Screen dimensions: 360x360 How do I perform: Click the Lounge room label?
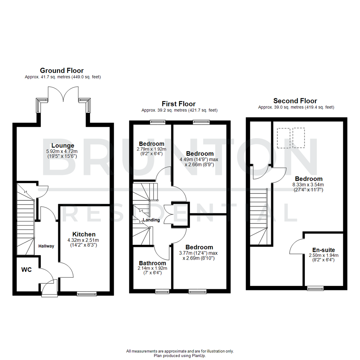[x=63, y=145]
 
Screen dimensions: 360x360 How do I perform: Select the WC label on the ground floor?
[x=26, y=270]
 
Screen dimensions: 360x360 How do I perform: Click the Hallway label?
[x=46, y=246]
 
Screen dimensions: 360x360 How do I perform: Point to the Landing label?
[x=151, y=220]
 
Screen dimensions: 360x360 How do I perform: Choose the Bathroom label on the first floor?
[x=152, y=263]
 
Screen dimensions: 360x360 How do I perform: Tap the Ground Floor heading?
[x=62, y=70]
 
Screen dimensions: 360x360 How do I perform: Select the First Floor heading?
[x=179, y=104]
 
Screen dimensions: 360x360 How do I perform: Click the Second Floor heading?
[x=295, y=101]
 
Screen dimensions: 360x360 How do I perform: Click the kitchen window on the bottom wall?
[x=86, y=293]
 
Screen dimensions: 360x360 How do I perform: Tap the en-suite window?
[x=315, y=289]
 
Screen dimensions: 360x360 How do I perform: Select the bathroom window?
[x=163, y=291]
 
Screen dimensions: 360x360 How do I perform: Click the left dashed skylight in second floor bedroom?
[x=284, y=138]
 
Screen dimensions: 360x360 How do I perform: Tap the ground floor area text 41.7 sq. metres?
[x=63, y=77]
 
